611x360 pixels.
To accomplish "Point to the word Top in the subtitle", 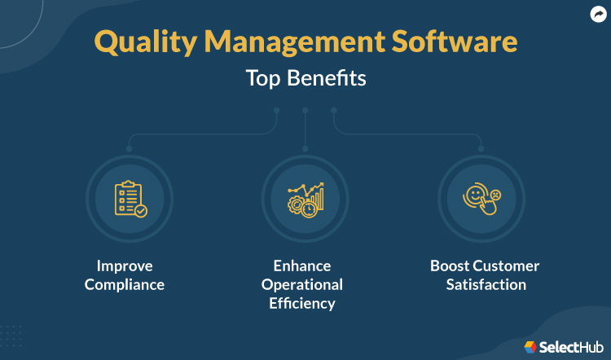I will pyautogui.click(x=263, y=80).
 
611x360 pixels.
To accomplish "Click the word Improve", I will pyautogui.click(x=125, y=266).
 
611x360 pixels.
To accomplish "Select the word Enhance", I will pyautogui.click(x=301, y=266).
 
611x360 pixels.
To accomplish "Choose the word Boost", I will pyautogui.click(x=451, y=266).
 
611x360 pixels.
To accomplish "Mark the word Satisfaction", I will pyautogui.click(x=486, y=285).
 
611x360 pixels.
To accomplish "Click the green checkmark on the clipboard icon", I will pyautogui.click(x=142, y=210).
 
